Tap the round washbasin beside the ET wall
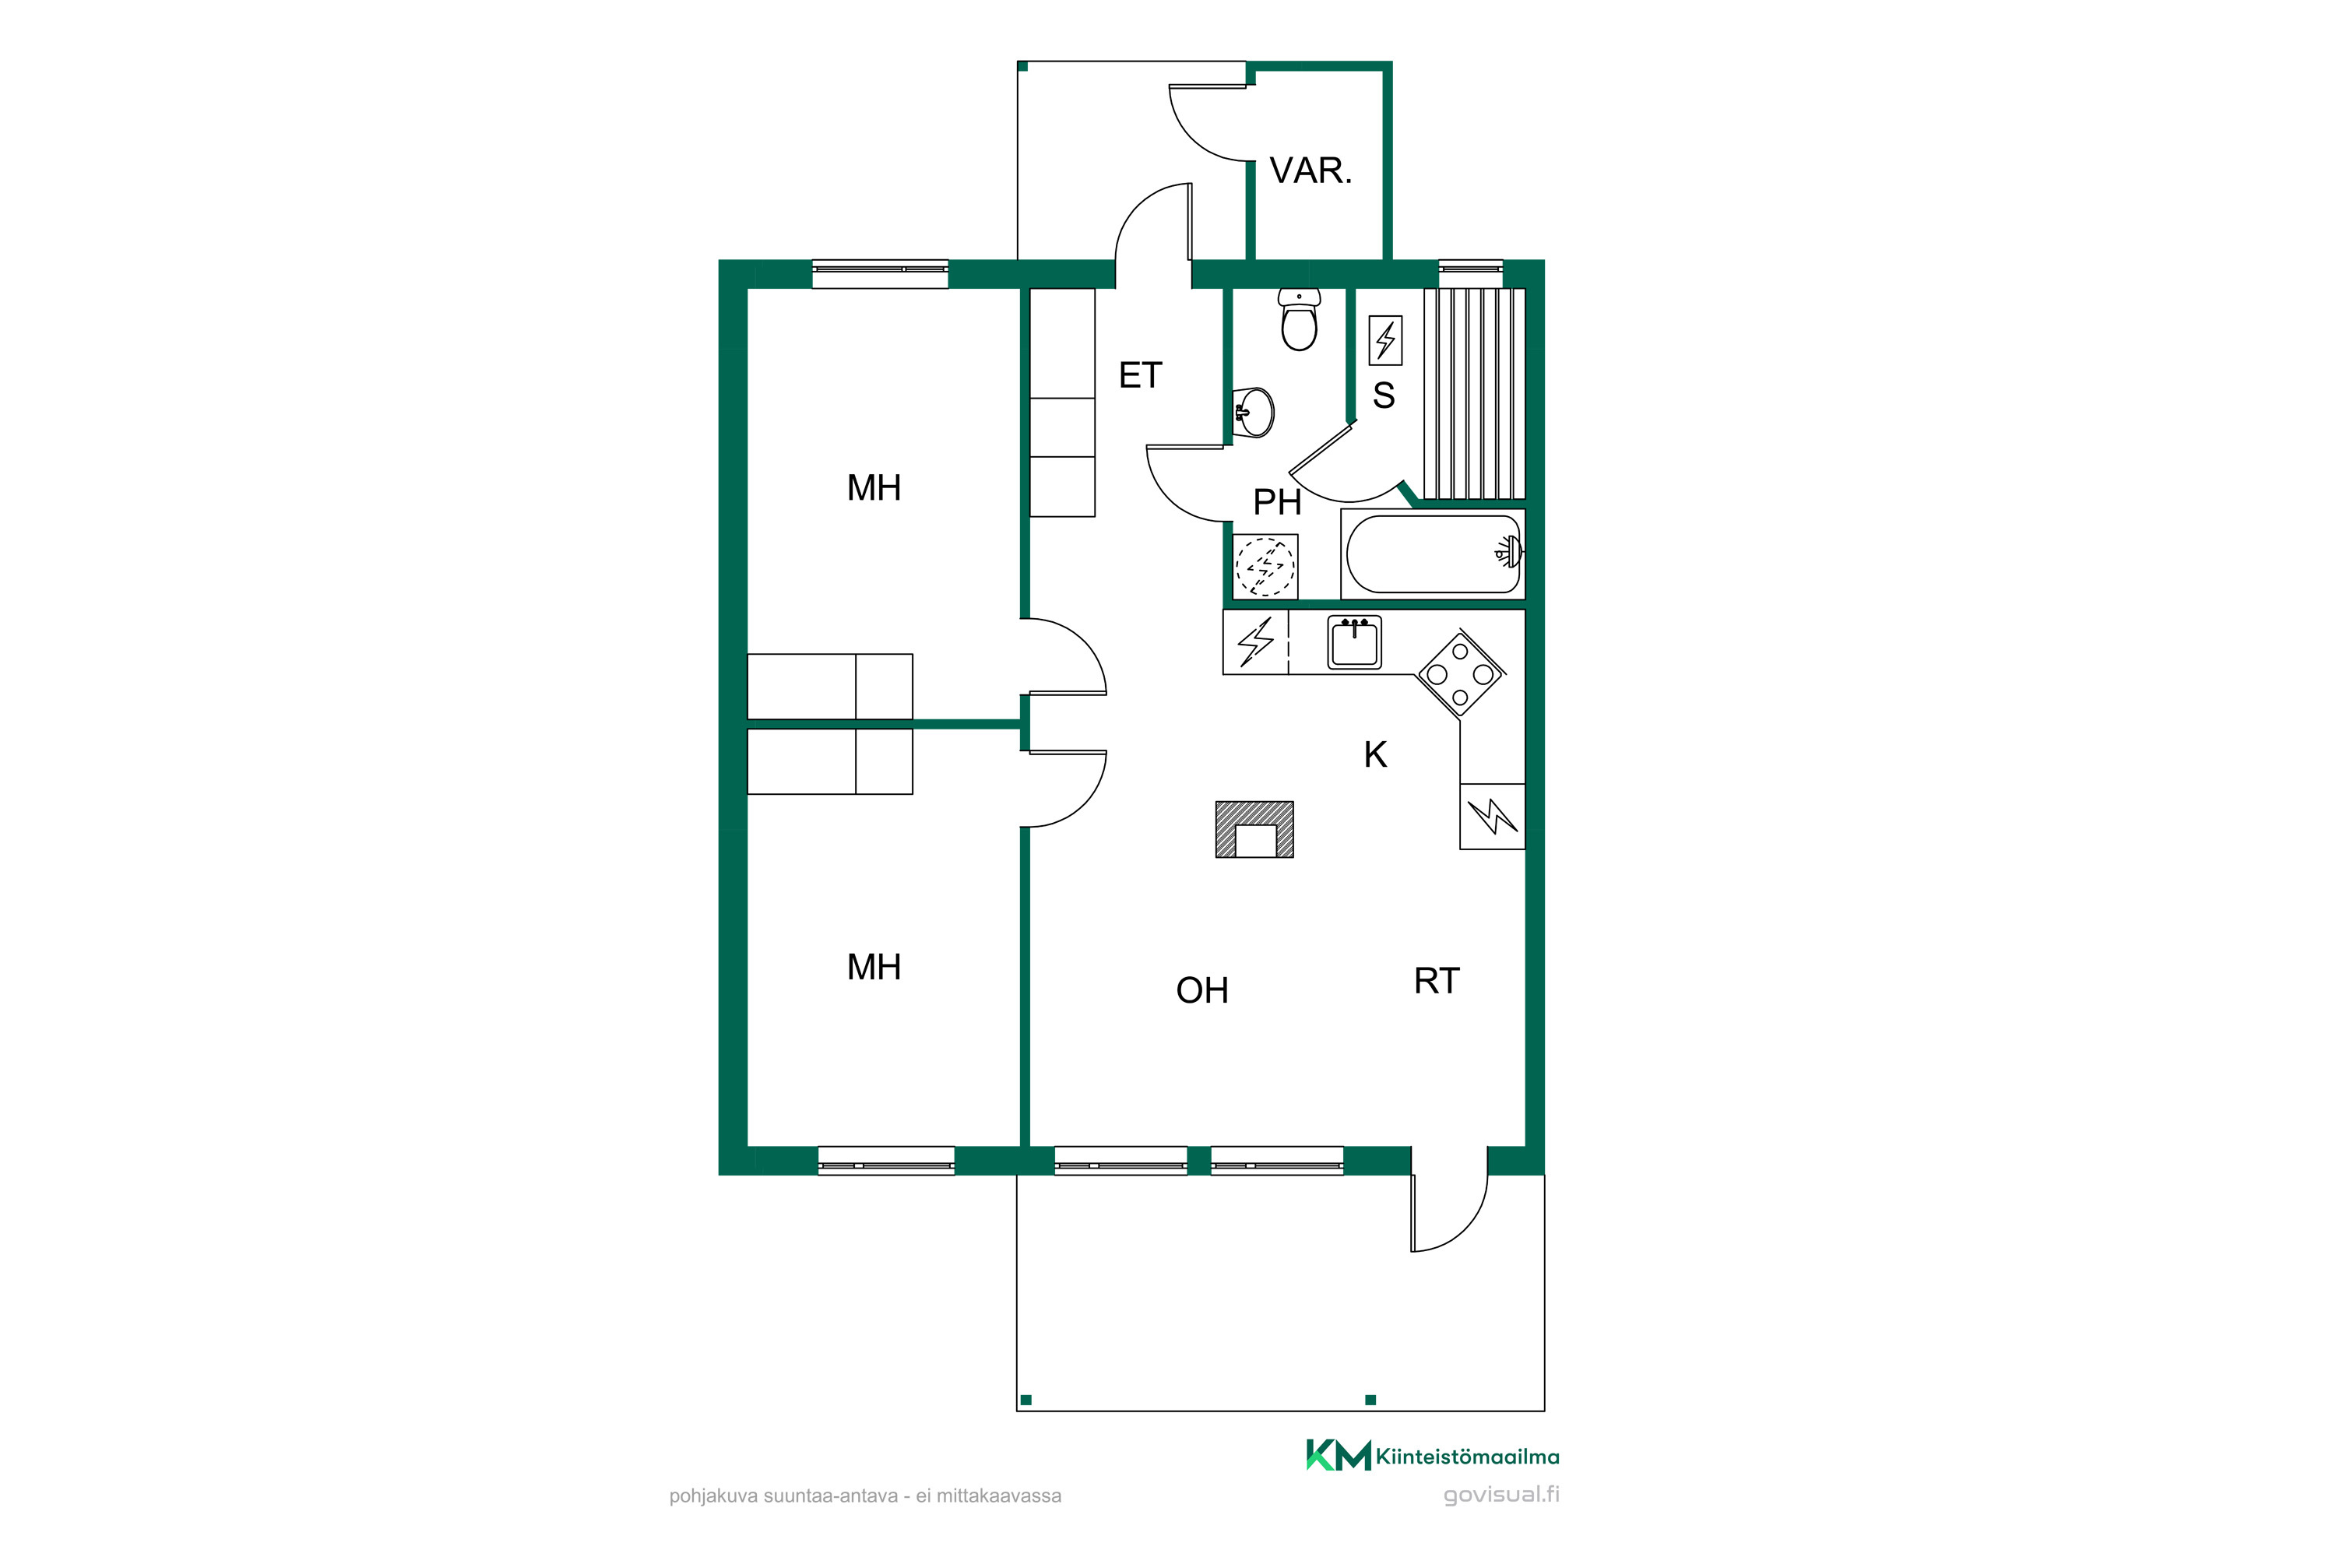coord(1254,412)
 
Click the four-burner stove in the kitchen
coord(1460,675)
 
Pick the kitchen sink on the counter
coord(1355,642)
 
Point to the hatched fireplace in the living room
coord(1254,829)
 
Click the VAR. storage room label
coord(1311,170)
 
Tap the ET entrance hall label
coord(1140,375)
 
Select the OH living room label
coord(1201,990)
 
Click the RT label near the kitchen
coord(1436,981)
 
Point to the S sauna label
coord(1384,395)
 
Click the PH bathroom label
coord(1277,502)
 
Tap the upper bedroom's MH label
coord(874,487)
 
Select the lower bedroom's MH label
coord(874,967)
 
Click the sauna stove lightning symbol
coord(1385,341)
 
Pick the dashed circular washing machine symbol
coord(1265,566)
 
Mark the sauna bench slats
coord(1475,393)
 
